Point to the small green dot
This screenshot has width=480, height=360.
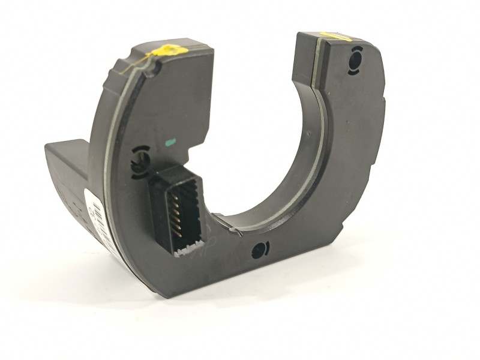170,143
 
